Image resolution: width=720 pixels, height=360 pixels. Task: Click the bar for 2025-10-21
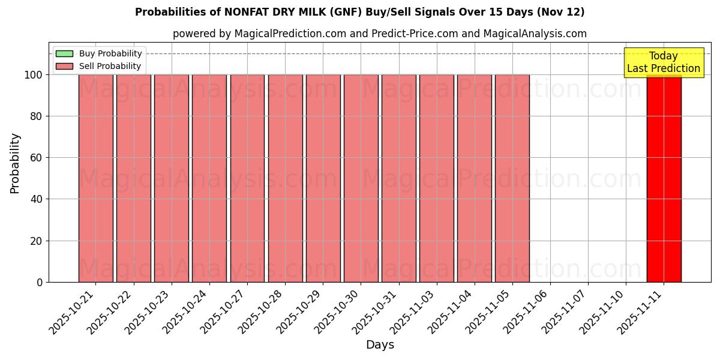(95, 178)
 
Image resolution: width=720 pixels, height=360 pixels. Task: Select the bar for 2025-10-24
(209, 178)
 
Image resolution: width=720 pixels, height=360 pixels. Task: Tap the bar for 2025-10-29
(323, 178)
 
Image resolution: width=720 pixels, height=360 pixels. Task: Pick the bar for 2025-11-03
(437, 178)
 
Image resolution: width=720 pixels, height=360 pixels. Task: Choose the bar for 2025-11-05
(512, 178)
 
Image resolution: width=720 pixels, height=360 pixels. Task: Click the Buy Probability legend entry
(110, 53)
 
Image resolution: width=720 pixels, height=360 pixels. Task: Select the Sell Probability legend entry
(110, 66)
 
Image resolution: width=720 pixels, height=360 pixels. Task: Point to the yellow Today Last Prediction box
(664, 62)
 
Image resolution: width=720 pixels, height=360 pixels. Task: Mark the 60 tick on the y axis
(37, 158)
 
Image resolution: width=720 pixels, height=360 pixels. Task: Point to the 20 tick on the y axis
(37, 241)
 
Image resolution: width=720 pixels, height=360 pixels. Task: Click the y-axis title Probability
(15, 163)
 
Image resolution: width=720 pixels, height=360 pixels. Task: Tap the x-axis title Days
(380, 345)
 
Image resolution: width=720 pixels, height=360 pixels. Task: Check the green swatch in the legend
(64, 53)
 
